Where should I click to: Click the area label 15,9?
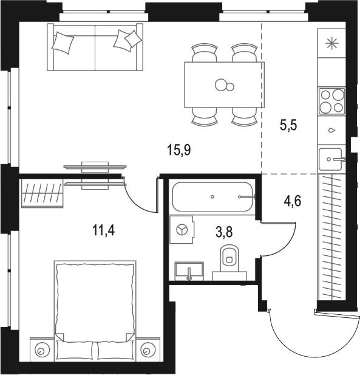pos(179,151)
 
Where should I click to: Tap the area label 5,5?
pos(288,125)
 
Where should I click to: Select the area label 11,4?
pos(104,231)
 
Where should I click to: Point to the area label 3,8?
pos(224,232)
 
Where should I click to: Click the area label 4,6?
pos(293,201)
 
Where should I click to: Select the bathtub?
pos(212,197)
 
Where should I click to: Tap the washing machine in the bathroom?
pos(182,230)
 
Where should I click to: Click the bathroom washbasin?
pos(189,271)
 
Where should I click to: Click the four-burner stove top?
pos(332,101)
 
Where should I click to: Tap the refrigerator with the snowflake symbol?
pos(332,43)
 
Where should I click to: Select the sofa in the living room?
pos(95,47)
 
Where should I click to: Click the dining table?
pos(224,84)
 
